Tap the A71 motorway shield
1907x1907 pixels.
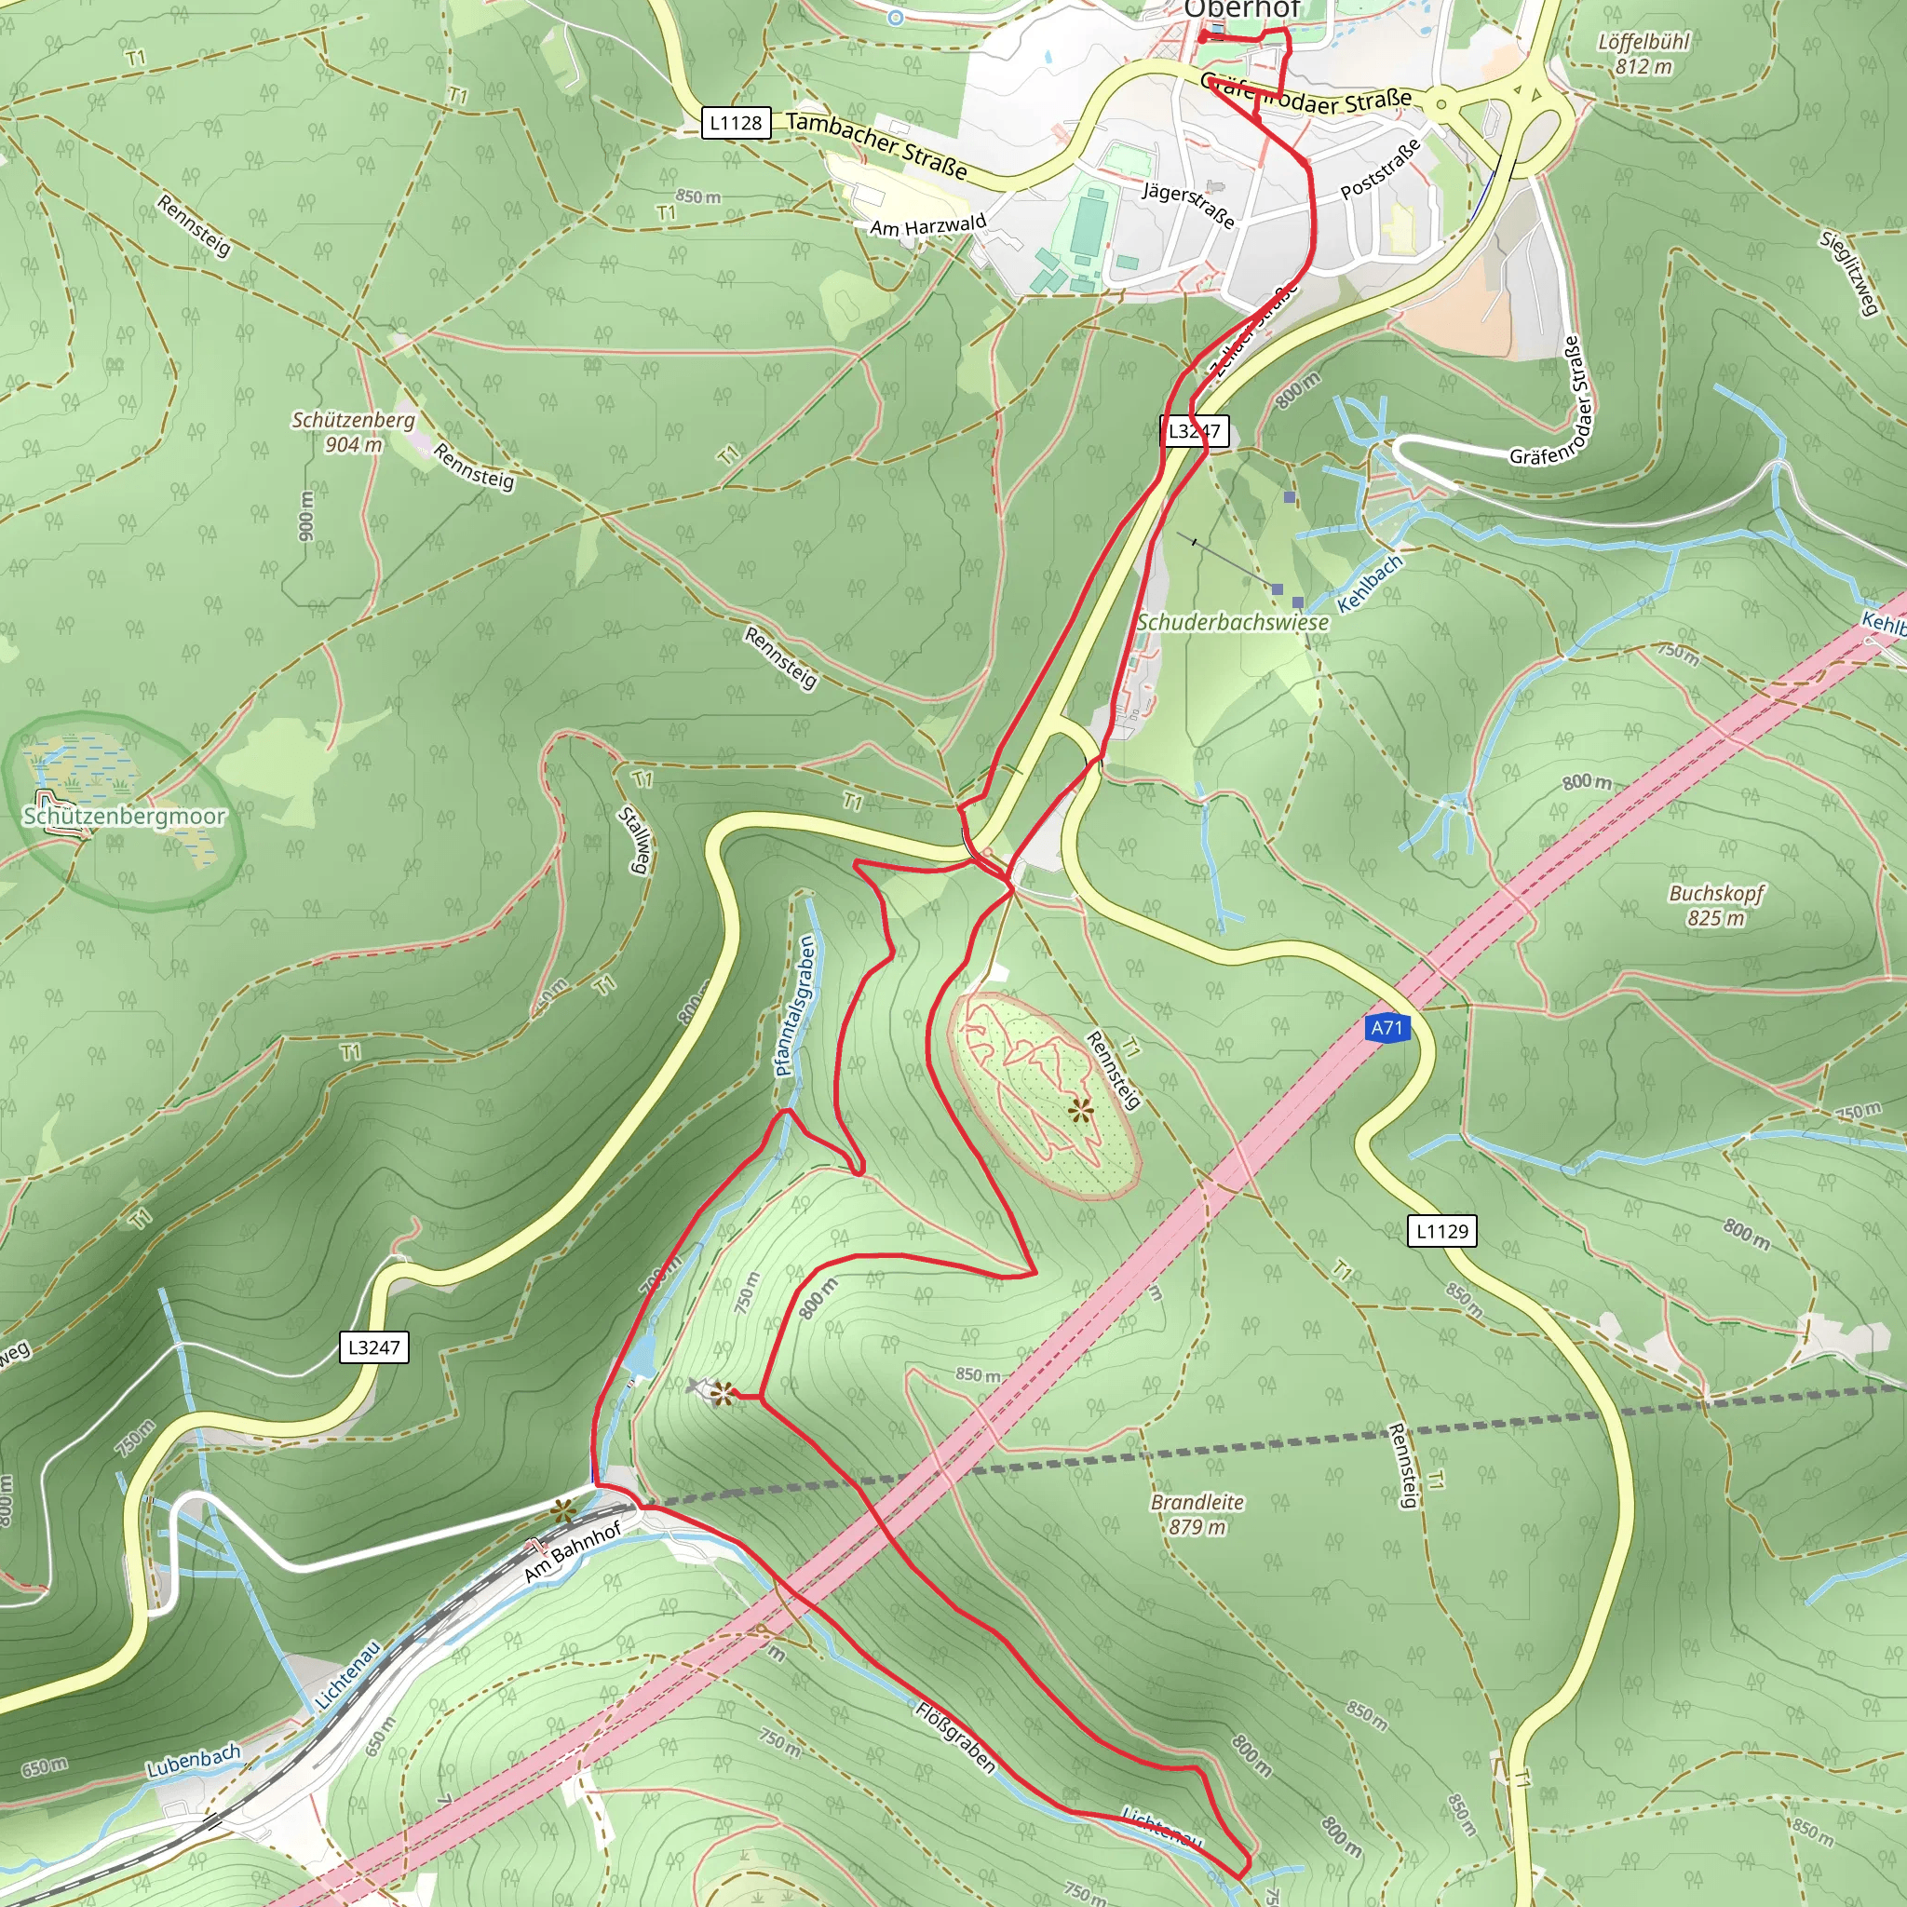pyautogui.click(x=1386, y=1028)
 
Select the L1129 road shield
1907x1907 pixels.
pyautogui.click(x=1441, y=1231)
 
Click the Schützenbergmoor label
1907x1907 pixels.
pyautogui.click(x=125, y=817)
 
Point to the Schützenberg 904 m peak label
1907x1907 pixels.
pyautogui.click(x=352, y=432)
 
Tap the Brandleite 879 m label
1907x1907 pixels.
pyautogui.click(x=1197, y=1514)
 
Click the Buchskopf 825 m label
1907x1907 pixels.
pyautogui.click(x=1715, y=905)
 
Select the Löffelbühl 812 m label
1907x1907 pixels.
pyautogui.click(x=1643, y=54)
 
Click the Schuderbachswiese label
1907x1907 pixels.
pyautogui.click(x=1232, y=623)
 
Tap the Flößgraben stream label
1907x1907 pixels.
pyautogui.click(x=955, y=1738)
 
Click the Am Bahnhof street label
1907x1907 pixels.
pyautogui.click(x=573, y=1551)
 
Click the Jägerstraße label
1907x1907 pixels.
pyautogui.click(x=1188, y=204)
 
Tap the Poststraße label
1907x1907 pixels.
pyautogui.click(x=1380, y=169)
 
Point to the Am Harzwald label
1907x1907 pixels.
pyautogui.click(x=927, y=226)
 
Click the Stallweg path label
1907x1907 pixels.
pyautogui.click(x=634, y=840)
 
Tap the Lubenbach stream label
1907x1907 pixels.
pyautogui.click(x=194, y=1761)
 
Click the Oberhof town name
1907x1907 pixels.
pyautogui.click(x=1242, y=10)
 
